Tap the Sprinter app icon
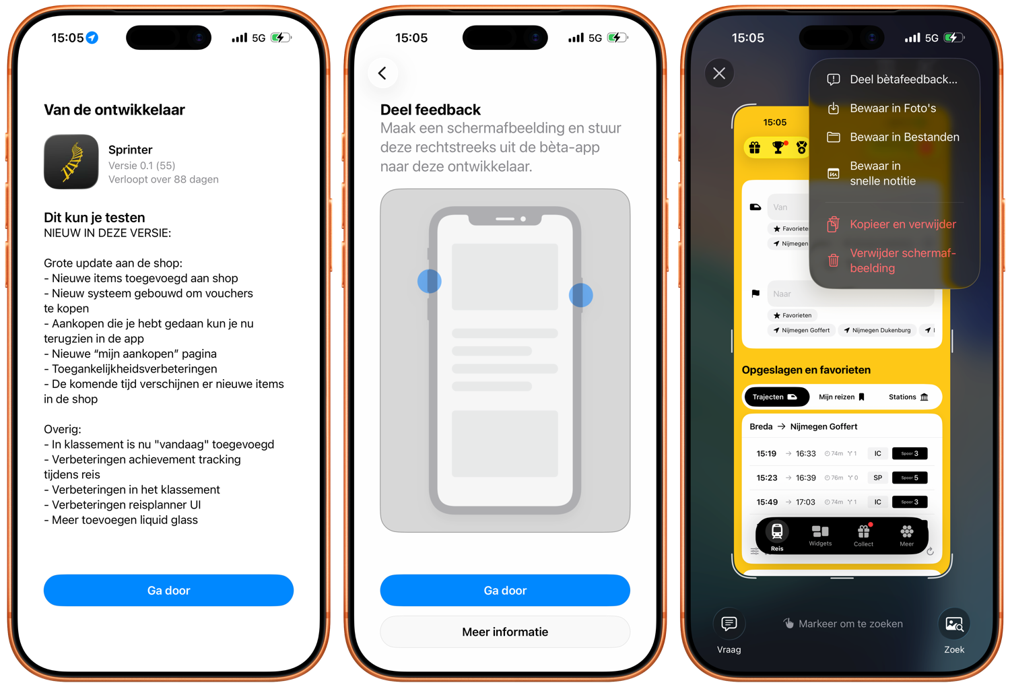pyautogui.click(x=71, y=162)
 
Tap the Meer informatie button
pyautogui.click(x=505, y=632)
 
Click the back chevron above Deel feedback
pyautogui.click(x=382, y=73)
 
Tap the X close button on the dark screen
pyautogui.click(x=719, y=73)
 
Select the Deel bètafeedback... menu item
pyautogui.click(x=902, y=79)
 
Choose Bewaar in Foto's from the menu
pyautogui.click(x=892, y=108)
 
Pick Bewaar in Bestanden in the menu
pyautogui.click(x=904, y=137)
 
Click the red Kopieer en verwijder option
pyautogui.click(x=902, y=224)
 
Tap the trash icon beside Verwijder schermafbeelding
pyautogui.click(x=834, y=260)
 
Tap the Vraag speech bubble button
pyautogui.click(x=729, y=624)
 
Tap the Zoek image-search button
pyautogui.click(x=954, y=624)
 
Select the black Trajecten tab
pyautogui.click(x=776, y=397)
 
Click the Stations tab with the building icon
pyautogui.click(x=908, y=397)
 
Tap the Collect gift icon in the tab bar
pyautogui.click(x=864, y=534)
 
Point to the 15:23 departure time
pyautogui.click(x=766, y=478)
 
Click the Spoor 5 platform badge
pyautogui.click(x=910, y=478)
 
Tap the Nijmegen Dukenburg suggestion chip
pyautogui.click(x=877, y=330)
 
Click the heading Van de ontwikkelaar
pyautogui.click(x=114, y=110)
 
